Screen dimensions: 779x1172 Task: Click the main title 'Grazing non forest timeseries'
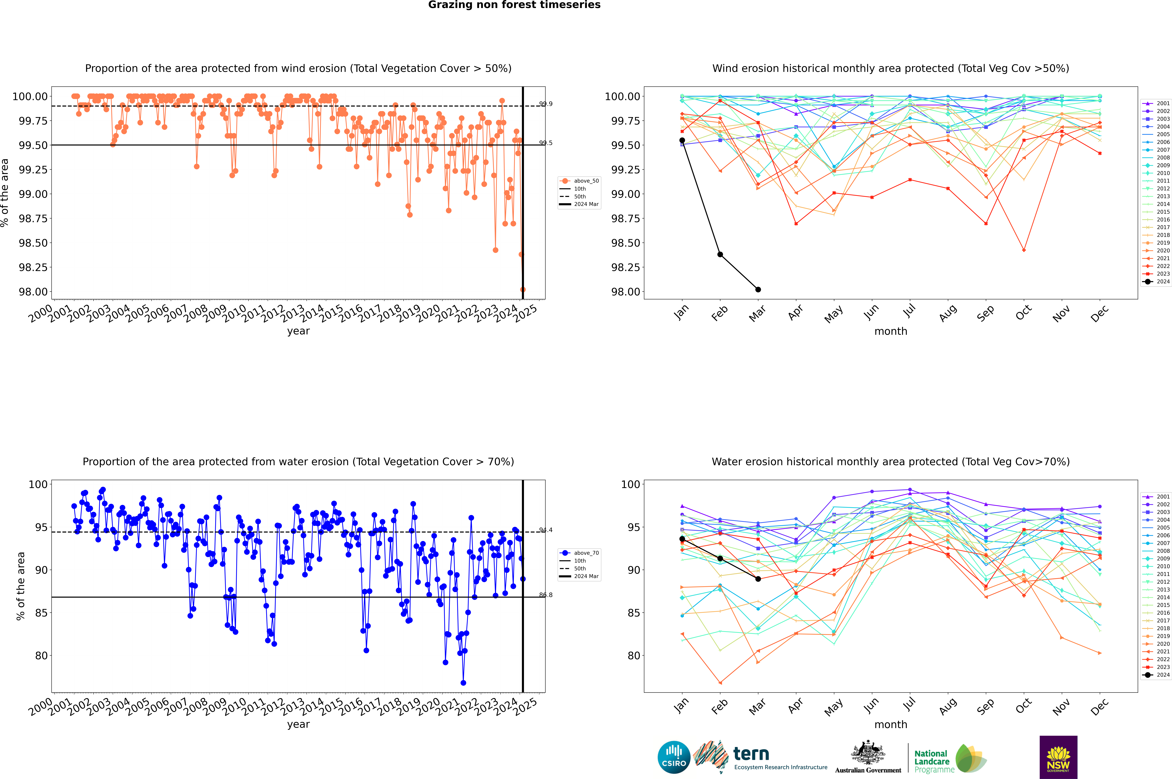point(514,5)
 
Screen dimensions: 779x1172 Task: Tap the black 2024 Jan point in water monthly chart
point(682,539)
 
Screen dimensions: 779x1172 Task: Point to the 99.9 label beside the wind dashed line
point(546,104)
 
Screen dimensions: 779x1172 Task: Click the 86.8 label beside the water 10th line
point(546,595)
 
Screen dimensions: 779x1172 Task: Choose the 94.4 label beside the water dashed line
point(546,530)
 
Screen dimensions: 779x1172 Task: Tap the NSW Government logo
point(1058,757)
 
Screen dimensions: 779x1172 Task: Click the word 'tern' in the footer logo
point(751,754)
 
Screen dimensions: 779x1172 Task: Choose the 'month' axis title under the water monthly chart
point(890,724)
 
